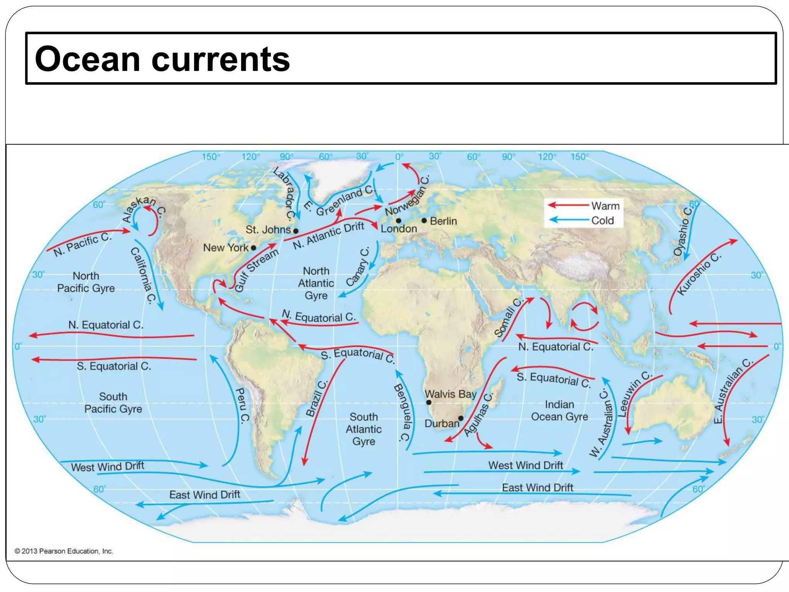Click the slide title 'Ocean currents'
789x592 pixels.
tap(162, 59)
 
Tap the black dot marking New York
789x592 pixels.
tap(253, 248)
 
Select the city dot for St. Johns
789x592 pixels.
tap(295, 231)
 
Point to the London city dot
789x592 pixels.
tap(398, 221)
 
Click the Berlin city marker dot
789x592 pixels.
tap(424, 220)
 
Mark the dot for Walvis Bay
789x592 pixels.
tap(429, 402)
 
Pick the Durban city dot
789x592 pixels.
tap(461, 418)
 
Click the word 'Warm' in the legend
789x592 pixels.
tap(605, 206)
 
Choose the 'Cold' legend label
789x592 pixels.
tap(603, 220)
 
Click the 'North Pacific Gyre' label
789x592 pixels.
tap(86, 282)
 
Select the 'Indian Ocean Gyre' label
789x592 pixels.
tap(559, 410)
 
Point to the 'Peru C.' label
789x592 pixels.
tap(242, 405)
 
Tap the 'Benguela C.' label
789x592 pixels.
tap(402, 412)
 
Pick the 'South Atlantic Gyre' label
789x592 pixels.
tap(363, 429)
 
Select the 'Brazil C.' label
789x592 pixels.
tap(317, 399)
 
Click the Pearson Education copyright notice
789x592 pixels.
tap(64, 551)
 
